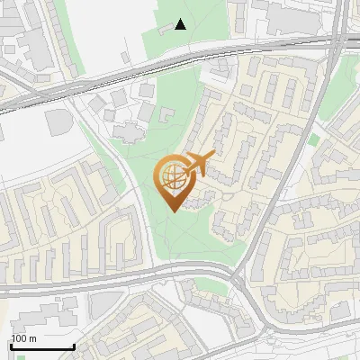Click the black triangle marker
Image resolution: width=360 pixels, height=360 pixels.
click(181, 24)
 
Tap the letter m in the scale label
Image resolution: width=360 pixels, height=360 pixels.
click(33, 338)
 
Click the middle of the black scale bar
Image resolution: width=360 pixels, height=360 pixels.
click(42, 347)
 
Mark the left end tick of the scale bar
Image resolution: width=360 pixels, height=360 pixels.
click(11, 346)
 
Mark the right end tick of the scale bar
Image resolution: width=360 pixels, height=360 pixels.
click(74, 346)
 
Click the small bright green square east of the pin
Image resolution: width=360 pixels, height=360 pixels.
click(313, 139)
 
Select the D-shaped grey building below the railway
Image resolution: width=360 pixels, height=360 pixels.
click(57, 120)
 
